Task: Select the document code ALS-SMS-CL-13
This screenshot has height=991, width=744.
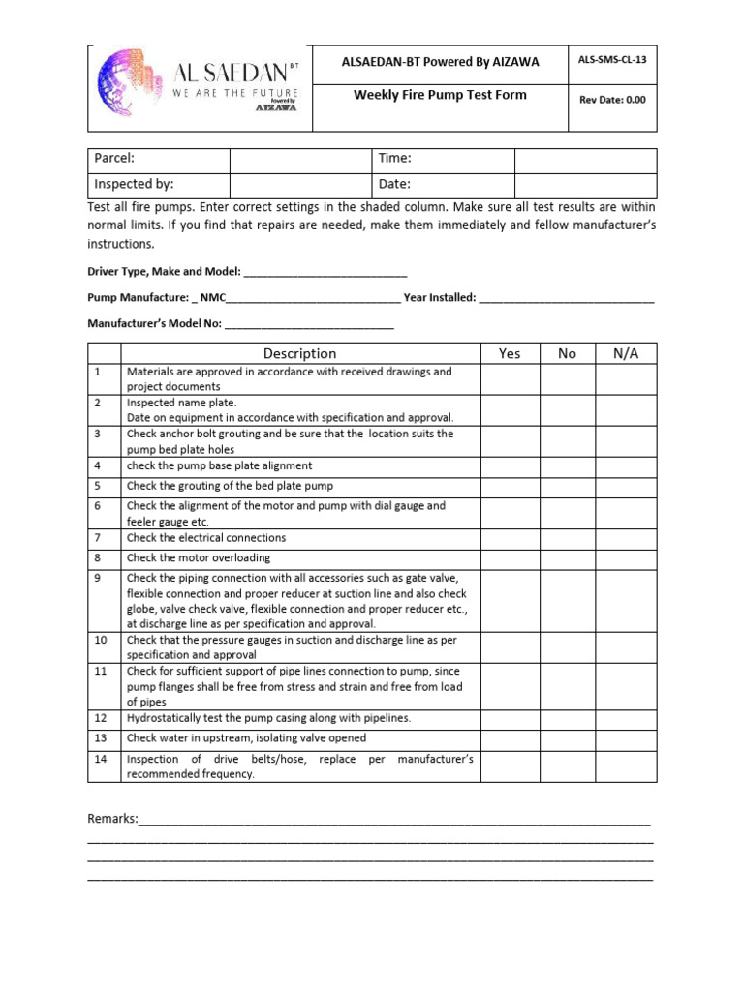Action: tap(611, 60)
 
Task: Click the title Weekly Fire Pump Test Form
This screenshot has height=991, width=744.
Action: tap(440, 95)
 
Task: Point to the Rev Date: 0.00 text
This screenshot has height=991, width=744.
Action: tap(611, 99)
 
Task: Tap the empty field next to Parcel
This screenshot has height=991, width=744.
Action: tap(299, 159)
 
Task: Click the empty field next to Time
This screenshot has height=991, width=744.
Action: tap(585, 159)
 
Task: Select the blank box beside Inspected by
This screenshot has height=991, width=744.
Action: tap(299, 184)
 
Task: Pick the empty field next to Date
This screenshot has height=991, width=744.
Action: tap(585, 184)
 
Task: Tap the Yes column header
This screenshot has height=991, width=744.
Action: tap(510, 354)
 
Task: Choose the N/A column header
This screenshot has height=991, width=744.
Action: tap(626, 354)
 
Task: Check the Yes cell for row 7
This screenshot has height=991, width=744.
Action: tap(510, 538)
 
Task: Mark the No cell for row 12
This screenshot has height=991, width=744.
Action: tap(567, 718)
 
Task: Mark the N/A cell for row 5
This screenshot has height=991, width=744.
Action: tap(626, 486)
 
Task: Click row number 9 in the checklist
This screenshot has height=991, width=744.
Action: tap(98, 578)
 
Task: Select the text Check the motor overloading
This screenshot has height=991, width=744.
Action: tap(199, 558)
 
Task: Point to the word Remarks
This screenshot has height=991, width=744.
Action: tap(112, 819)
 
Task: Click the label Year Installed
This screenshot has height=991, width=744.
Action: tap(439, 298)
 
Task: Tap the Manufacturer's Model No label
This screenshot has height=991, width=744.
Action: tap(155, 323)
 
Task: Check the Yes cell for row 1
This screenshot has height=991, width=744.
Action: tap(510, 379)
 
